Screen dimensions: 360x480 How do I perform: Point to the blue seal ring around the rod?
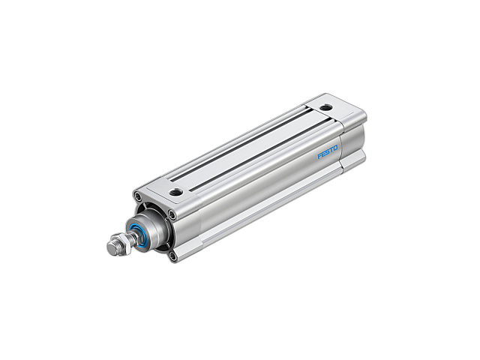click(x=138, y=235)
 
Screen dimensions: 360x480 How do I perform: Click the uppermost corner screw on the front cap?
click(x=137, y=197)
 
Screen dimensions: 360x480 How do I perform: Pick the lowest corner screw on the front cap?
click(x=174, y=256)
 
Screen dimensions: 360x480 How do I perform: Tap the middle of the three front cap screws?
click(x=172, y=215)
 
